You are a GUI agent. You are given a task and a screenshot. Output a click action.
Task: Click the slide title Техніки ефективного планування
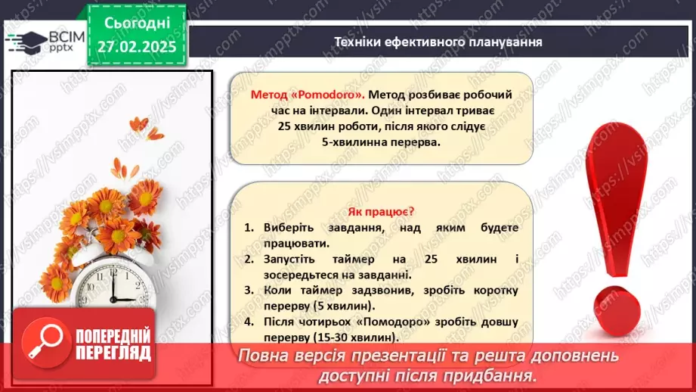coord(438,42)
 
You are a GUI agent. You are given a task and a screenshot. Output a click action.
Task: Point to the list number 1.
coord(249,228)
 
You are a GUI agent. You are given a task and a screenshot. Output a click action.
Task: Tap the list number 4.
coord(249,322)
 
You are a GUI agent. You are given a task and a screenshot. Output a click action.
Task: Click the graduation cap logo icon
coord(24,39)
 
